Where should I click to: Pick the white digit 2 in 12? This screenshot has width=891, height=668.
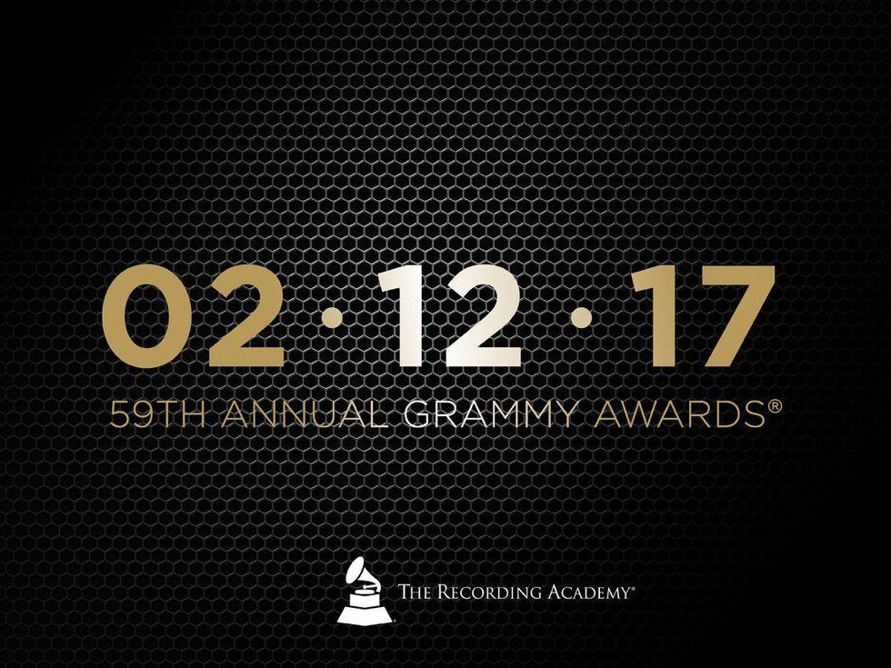[x=476, y=318]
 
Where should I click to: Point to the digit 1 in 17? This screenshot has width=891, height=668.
[x=646, y=318]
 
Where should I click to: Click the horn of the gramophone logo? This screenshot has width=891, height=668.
[x=358, y=573]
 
